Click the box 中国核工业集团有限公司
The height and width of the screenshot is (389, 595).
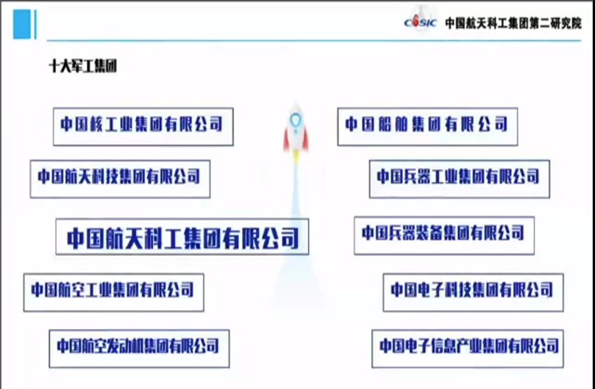(x=143, y=127)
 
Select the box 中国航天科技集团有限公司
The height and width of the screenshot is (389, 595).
(x=120, y=179)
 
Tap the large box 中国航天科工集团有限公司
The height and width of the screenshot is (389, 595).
(x=182, y=236)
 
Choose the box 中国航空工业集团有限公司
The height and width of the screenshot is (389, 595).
(x=114, y=292)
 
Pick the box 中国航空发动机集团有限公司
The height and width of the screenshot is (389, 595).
(x=139, y=348)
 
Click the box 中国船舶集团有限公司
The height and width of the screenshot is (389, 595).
(x=428, y=127)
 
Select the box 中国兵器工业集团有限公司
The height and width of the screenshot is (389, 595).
(x=460, y=179)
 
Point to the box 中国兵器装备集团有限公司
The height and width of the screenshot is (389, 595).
(x=444, y=236)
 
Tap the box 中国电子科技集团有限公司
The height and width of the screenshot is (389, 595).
(x=473, y=292)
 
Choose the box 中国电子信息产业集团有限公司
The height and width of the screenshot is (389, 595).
(x=467, y=348)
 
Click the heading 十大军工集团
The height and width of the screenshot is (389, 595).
(x=83, y=66)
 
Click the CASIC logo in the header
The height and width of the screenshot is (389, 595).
(x=420, y=22)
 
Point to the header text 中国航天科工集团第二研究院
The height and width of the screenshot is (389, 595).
(x=513, y=23)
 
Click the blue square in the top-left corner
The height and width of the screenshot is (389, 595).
(x=22, y=24)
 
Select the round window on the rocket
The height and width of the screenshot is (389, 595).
(x=295, y=120)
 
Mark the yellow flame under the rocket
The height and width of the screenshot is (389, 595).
(x=295, y=156)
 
